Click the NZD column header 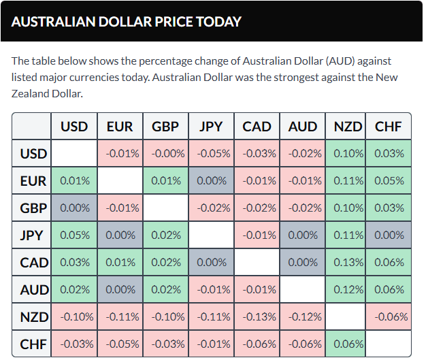pos(348,127)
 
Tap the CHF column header pos(389,127)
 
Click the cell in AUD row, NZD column pos(348,289)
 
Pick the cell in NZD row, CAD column pos(257,316)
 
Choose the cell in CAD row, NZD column pos(348,262)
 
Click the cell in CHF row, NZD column pos(348,344)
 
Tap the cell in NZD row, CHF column pos(389,316)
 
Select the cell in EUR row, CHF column pos(389,181)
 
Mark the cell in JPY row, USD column pos(74,235)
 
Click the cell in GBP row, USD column pos(74,208)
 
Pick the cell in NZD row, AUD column pos(302,316)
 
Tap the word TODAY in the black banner pos(218,22)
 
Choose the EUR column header pos(120,127)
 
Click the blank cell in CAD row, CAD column pos(257,262)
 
